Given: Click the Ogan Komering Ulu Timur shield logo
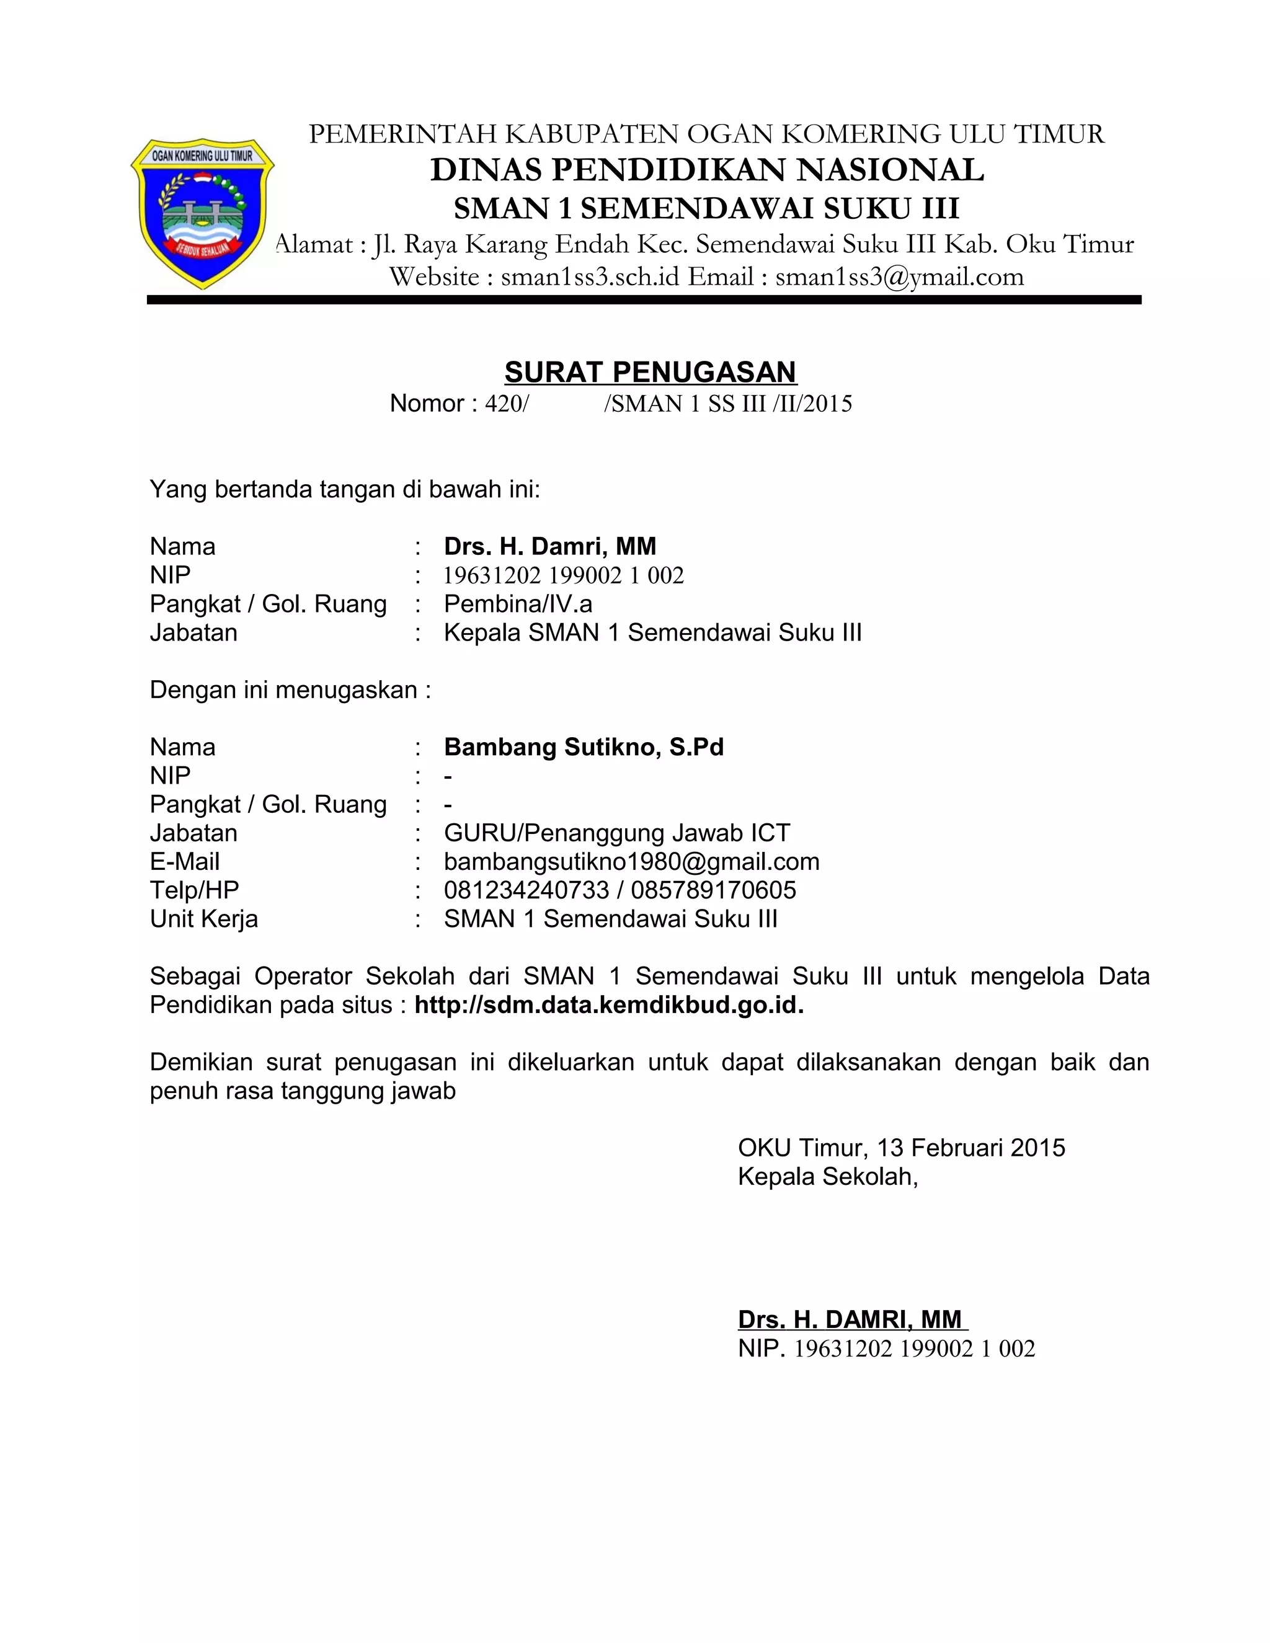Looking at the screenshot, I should [x=202, y=213].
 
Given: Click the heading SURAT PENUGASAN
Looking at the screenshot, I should [x=650, y=371].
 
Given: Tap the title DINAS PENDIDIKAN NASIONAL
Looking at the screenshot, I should [x=706, y=170].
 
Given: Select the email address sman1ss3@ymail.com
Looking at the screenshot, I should [x=899, y=277].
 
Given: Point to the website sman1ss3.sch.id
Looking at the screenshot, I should [x=590, y=277].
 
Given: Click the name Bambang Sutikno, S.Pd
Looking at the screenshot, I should [x=583, y=747].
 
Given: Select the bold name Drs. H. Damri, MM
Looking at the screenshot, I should [x=549, y=546].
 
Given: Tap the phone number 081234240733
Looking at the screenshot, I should [x=526, y=890].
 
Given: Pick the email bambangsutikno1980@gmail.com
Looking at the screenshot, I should [x=631, y=861].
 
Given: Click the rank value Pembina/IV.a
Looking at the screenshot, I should [x=518, y=603].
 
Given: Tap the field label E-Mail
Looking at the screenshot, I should [x=184, y=861].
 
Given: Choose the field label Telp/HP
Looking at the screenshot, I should [x=194, y=890].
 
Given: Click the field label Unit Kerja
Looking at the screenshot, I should [x=203, y=919].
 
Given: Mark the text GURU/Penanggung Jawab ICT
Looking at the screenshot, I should [x=617, y=833].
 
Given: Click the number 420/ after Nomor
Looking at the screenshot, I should [x=507, y=404].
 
